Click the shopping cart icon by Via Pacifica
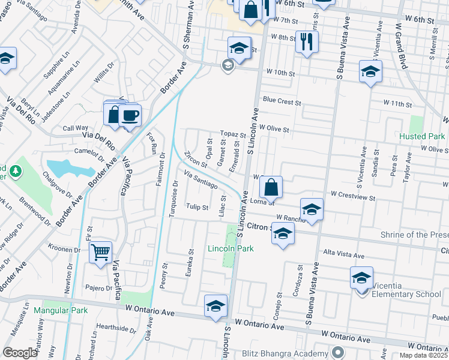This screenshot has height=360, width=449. [x=101, y=252]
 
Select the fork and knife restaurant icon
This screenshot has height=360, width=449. [x=307, y=41]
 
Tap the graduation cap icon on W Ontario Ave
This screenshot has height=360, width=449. [x=215, y=306]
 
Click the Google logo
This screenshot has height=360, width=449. [x=20, y=353]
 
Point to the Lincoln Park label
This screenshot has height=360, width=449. [x=231, y=248]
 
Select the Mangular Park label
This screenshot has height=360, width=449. [x=61, y=310]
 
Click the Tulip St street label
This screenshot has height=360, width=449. [x=197, y=208]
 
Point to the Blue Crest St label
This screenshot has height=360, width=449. [x=282, y=102]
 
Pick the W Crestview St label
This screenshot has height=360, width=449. [x=353, y=196]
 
